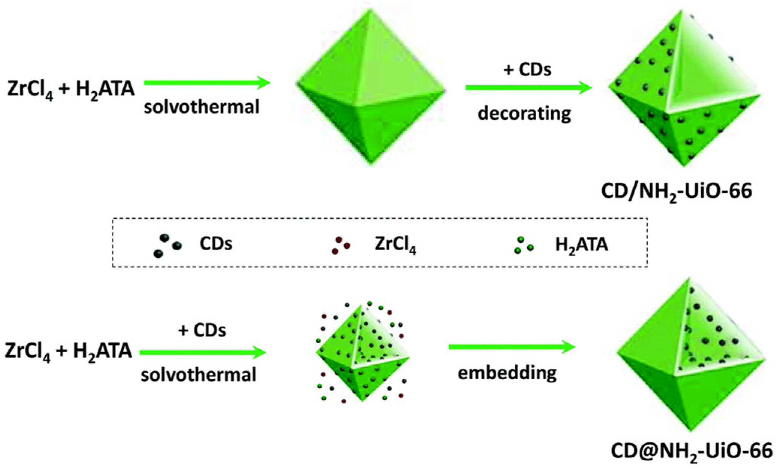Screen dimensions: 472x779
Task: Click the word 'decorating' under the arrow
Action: pyautogui.click(x=524, y=113)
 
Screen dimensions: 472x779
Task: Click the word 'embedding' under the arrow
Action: pyautogui.click(x=507, y=373)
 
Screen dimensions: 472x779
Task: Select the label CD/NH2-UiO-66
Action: pyautogui.click(x=676, y=191)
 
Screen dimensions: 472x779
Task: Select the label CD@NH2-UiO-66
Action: pyautogui.click(x=691, y=451)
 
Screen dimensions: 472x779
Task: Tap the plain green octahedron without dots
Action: pyautogui.click(x=371, y=87)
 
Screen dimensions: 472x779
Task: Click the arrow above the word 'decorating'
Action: pyautogui.click(x=528, y=87)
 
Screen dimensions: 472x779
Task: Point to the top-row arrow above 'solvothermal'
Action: pyautogui.click(x=207, y=82)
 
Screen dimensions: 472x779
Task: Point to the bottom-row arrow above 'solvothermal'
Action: pyautogui.click(x=202, y=352)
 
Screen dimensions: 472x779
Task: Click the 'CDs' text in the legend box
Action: pyautogui.click(x=216, y=244)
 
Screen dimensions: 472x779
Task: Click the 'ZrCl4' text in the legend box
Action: pyautogui.click(x=395, y=245)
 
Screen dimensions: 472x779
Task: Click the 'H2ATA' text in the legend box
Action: pyautogui.click(x=581, y=245)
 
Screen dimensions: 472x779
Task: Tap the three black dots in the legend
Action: pyautogui.click(x=167, y=246)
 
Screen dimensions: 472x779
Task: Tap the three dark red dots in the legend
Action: pyautogui.click(x=341, y=245)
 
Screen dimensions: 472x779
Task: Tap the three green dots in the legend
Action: pyautogui.click(x=524, y=245)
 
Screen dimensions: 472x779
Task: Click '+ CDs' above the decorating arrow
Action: pyautogui.click(x=527, y=69)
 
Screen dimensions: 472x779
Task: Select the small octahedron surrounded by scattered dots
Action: pyautogui.click(x=362, y=353)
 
